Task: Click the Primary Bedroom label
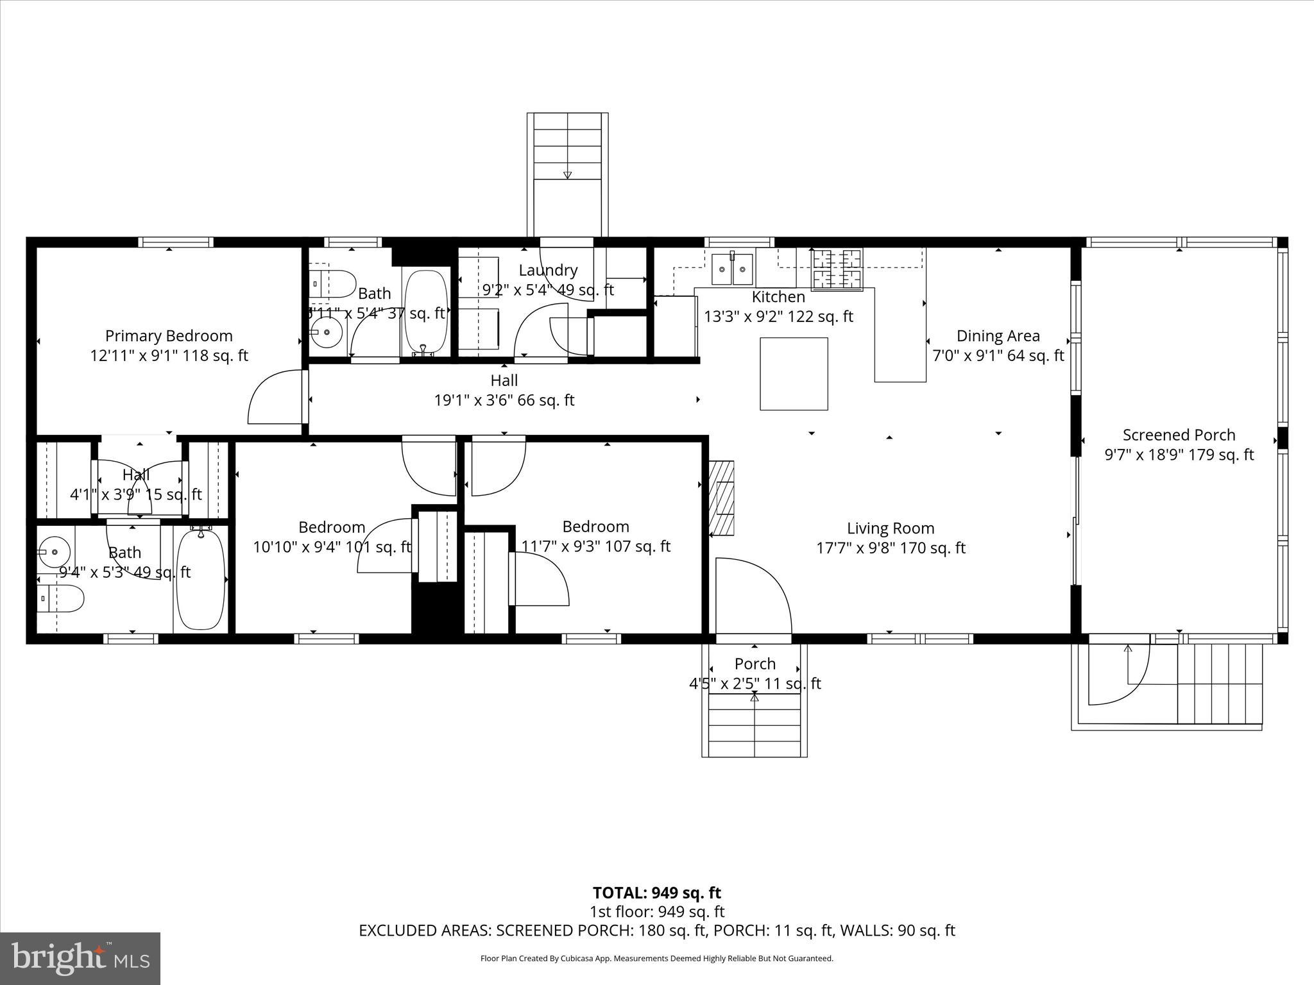point(169,335)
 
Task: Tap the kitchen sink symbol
point(731,269)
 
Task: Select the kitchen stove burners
point(837,270)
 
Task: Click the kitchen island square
point(794,373)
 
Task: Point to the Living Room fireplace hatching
point(722,498)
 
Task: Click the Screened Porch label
point(1179,435)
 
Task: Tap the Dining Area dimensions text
point(998,355)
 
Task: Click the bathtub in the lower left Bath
point(201,578)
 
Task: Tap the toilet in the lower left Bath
point(60,599)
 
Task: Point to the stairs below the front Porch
point(755,725)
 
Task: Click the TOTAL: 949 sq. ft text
point(656,893)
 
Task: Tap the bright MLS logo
point(80,959)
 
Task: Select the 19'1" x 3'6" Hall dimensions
point(504,400)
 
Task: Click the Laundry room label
point(548,270)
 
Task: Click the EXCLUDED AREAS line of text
point(656,930)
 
